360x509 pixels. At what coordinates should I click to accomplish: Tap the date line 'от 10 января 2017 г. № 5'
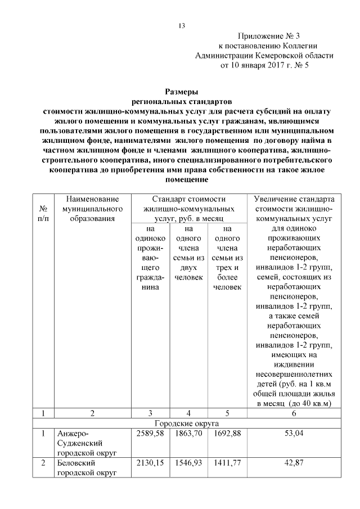coord(264,65)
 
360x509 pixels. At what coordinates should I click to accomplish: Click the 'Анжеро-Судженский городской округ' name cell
coord(84,443)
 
